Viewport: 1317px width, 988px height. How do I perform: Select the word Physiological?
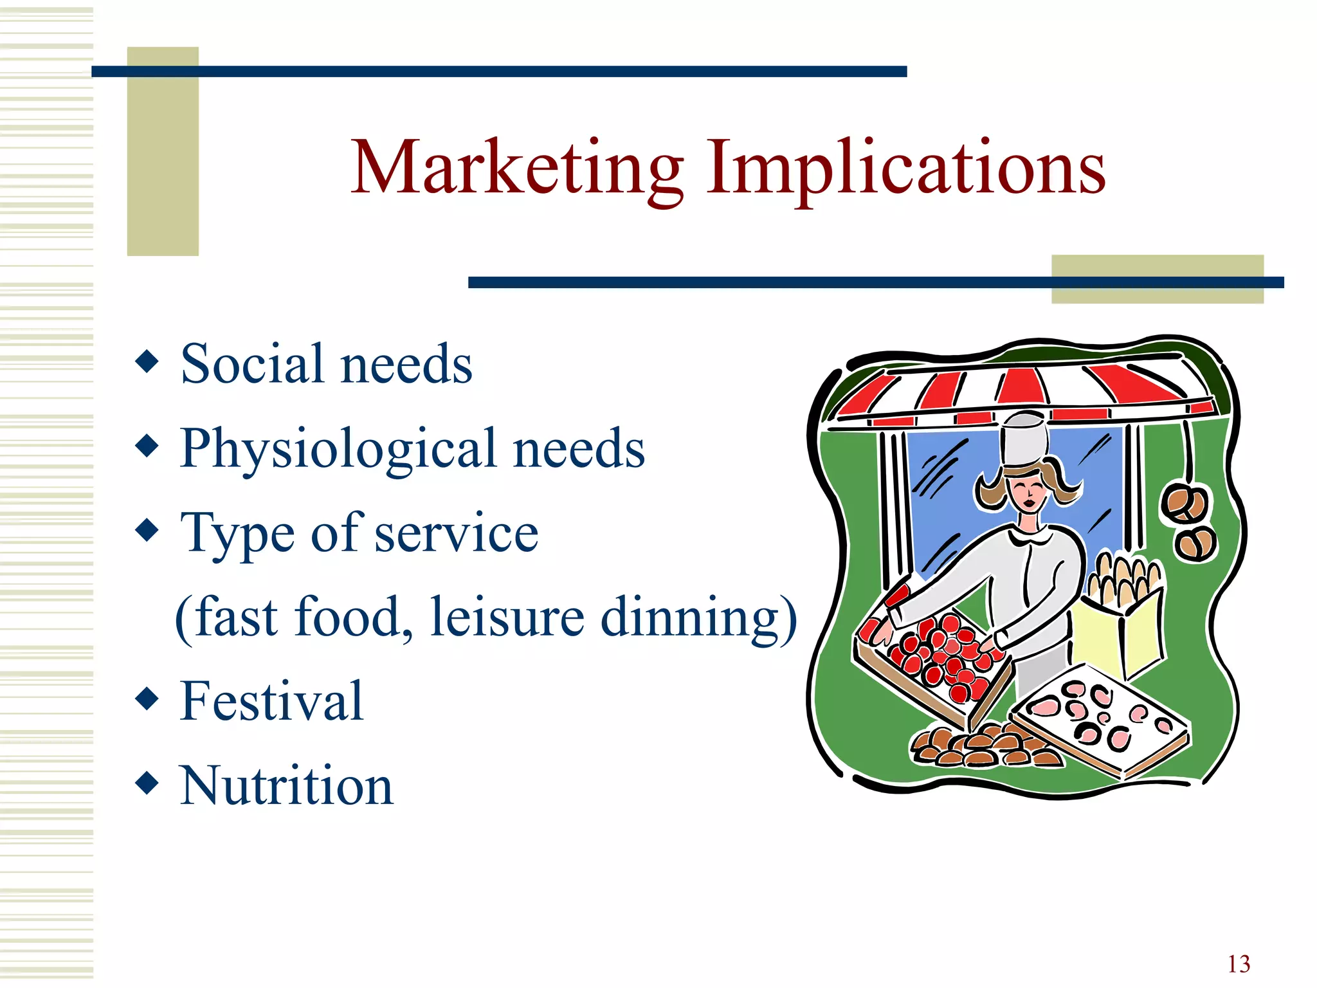click(x=338, y=449)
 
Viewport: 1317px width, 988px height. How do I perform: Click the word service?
click(x=456, y=533)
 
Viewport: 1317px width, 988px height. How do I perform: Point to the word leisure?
click(x=507, y=617)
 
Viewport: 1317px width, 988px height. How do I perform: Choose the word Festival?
click(x=271, y=701)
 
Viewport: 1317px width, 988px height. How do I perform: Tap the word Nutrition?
click(x=286, y=785)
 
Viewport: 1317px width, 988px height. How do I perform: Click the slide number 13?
click(x=1239, y=964)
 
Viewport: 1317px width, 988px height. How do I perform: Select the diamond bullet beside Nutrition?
click(x=147, y=783)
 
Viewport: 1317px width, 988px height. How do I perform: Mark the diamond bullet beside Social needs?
click(x=147, y=361)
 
